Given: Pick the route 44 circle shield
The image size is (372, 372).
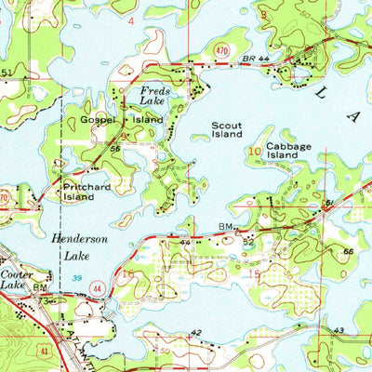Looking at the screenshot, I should tap(96, 291).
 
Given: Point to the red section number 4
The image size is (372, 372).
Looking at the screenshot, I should tap(131, 20).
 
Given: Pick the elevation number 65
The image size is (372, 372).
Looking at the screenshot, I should tap(346, 251).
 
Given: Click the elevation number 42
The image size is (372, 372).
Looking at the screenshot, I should tap(195, 332).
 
